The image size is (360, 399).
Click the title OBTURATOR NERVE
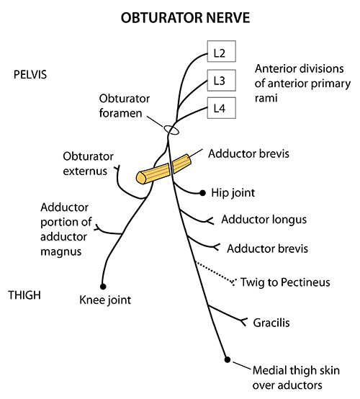(180, 16)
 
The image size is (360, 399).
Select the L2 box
(220, 52)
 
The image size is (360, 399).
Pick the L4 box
(220, 109)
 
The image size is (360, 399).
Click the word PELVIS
(30, 74)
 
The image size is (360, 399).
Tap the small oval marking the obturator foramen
(171, 130)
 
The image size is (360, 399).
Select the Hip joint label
(233, 193)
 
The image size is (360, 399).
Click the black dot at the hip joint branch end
(201, 192)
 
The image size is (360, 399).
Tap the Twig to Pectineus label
(284, 282)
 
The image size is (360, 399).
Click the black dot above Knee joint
(104, 285)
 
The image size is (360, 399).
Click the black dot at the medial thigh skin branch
(227, 359)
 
